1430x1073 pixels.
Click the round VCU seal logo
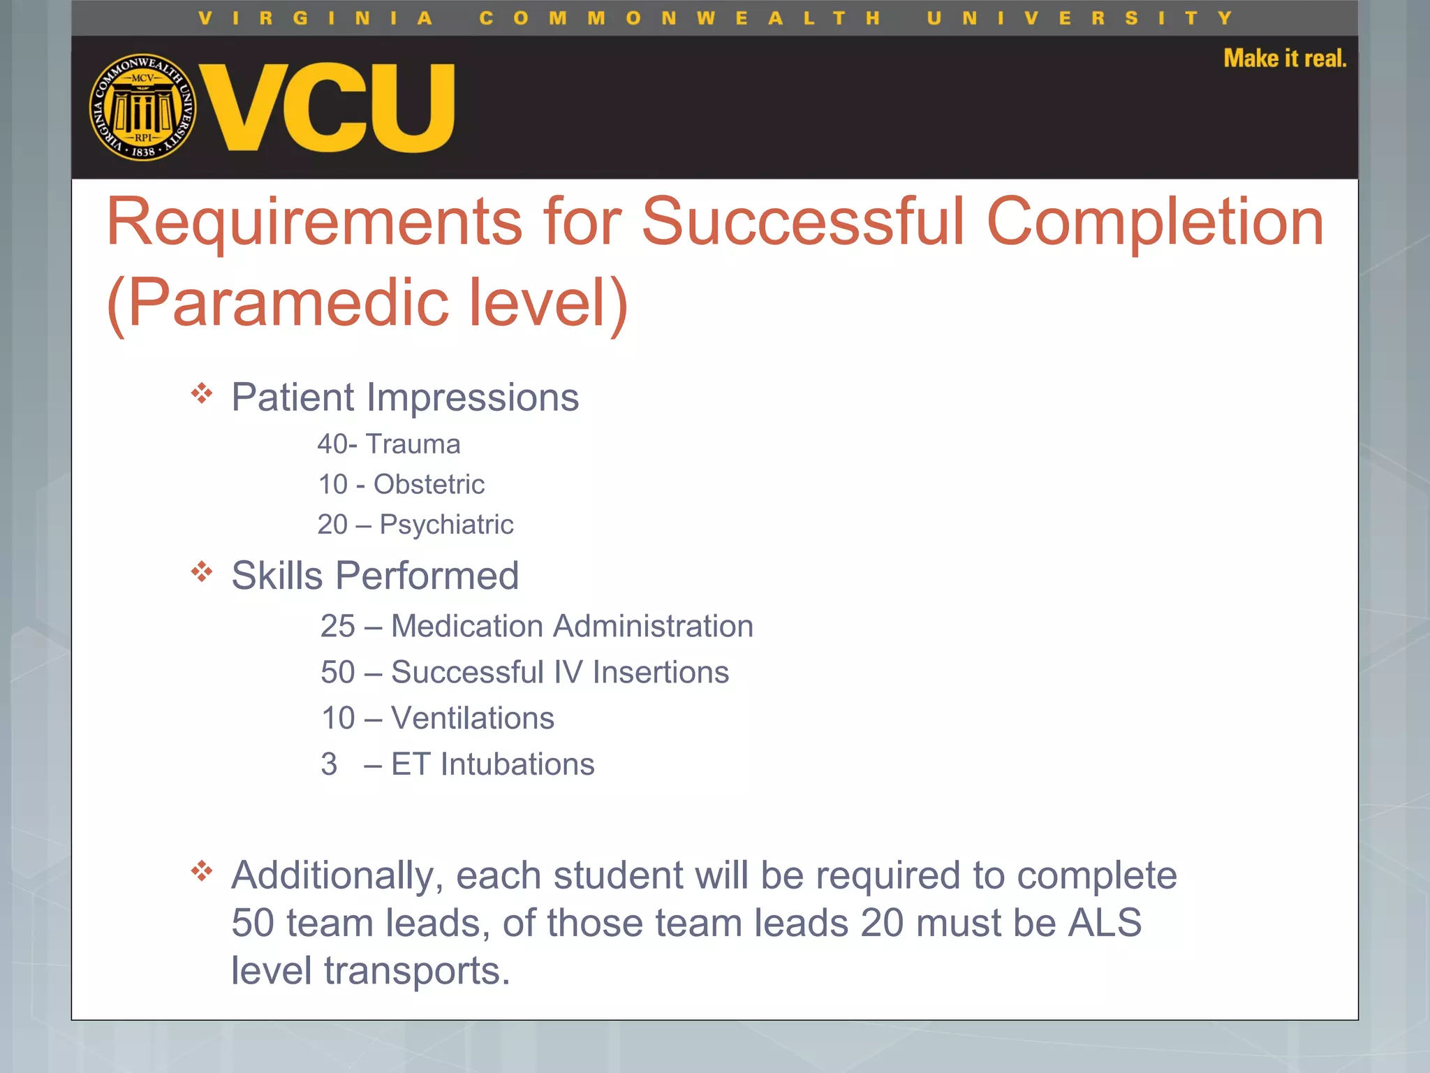(142, 107)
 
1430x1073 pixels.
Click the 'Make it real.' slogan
(1285, 58)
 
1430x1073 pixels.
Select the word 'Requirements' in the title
(314, 222)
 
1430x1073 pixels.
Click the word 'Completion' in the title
(1155, 222)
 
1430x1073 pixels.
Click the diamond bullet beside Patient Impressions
(202, 393)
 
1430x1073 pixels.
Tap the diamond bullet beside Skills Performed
(202, 572)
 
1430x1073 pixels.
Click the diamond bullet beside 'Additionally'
(202, 871)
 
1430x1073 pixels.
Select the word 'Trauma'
(413, 444)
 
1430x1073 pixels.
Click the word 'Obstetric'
(429, 484)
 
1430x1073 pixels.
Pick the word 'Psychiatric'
(446, 525)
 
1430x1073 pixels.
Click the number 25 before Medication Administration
(338, 626)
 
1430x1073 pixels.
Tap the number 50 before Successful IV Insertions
(338, 672)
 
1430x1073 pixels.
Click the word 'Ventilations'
(473, 718)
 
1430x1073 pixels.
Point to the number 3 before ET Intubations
(329, 764)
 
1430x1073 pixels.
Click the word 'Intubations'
(517, 764)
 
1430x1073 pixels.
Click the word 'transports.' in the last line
(417, 970)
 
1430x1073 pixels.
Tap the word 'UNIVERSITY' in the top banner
(1079, 18)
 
